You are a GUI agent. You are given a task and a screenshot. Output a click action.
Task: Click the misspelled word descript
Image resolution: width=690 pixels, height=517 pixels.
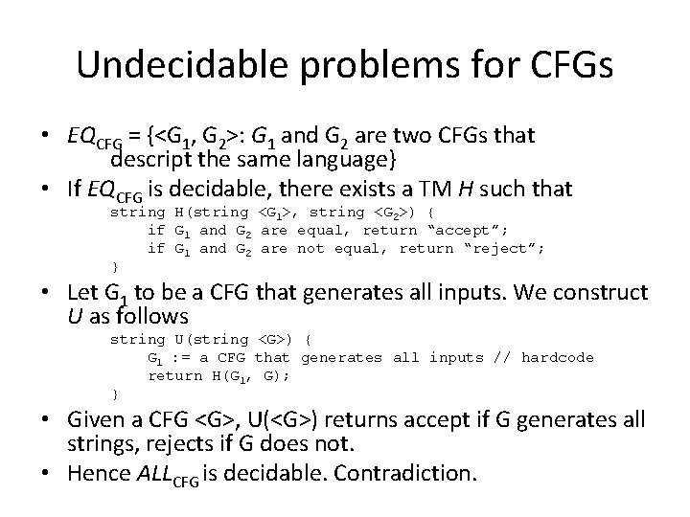coord(156,156)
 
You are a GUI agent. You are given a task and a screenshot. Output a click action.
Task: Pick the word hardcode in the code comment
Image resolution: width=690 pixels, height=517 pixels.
coord(557,357)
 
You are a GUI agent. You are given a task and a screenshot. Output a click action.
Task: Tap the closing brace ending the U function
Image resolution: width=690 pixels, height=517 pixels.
coord(115,394)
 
